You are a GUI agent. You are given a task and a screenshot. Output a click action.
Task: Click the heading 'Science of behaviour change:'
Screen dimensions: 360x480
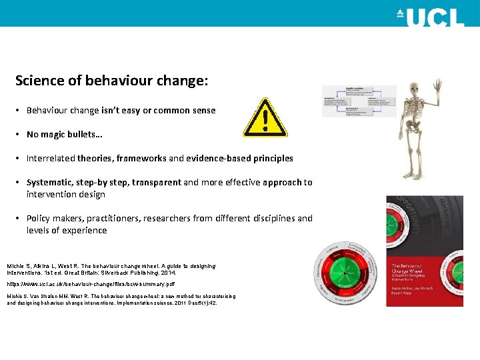coord(111,81)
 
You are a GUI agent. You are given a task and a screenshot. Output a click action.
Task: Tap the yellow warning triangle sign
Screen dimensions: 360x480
coord(265,119)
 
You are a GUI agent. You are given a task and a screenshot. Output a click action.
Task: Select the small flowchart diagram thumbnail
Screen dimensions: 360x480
coord(359,101)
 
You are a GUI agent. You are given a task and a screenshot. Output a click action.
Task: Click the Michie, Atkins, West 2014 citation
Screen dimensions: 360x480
coord(111,269)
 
